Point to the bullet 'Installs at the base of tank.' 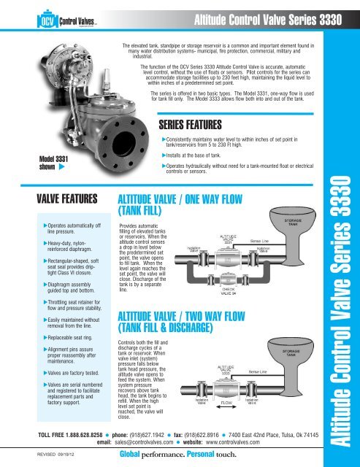[204, 156]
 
